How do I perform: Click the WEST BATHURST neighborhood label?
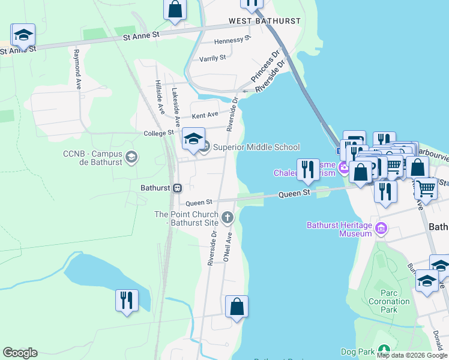pos(265,21)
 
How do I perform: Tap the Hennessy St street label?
pos(232,40)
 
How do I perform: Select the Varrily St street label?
pos(212,58)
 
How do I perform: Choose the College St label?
pos(158,133)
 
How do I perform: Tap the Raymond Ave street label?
pos(77,70)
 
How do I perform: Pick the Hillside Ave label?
pos(160,97)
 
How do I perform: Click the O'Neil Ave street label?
pos(228,247)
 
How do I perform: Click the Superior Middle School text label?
pos(256,147)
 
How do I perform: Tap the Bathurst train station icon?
pos(177,188)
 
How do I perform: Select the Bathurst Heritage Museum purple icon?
pos(381,228)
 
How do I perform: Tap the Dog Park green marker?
pos(384,351)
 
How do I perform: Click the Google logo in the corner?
pos(20,353)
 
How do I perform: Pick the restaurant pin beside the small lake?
pos(127,300)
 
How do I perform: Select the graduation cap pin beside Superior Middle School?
pos(193,139)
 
